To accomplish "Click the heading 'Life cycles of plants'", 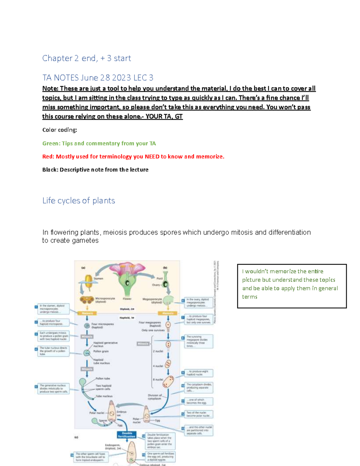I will pyautogui.click(x=79, y=200).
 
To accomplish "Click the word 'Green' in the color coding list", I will pyautogui.click(x=51, y=143).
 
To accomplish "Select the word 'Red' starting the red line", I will pyautogui.click(x=48, y=157).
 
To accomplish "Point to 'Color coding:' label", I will pyautogui.click(x=59, y=130).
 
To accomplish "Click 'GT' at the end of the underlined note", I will pyautogui.click(x=178, y=116).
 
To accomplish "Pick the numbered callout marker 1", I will pyautogui.click(x=36, y=307).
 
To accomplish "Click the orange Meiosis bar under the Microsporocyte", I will pyautogui.click(x=87, y=313).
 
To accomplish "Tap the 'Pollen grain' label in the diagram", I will pyautogui.click(x=101, y=351).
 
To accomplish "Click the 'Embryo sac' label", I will pyautogui.click(x=121, y=413).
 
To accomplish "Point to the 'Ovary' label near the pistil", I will pyautogui.click(x=156, y=285).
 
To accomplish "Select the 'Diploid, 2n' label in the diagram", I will pyautogui.click(x=127, y=309).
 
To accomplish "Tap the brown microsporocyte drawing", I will pyautogui.click(x=86, y=300).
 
